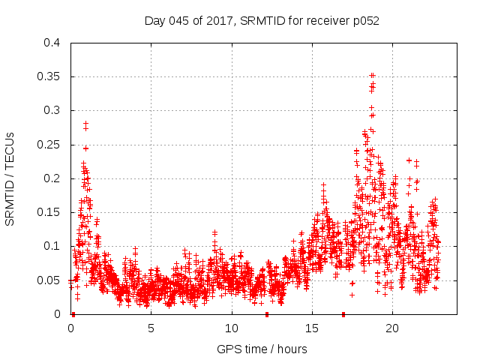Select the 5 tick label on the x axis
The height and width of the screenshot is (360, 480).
coord(151,328)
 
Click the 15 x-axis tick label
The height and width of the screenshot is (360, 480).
coord(311,328)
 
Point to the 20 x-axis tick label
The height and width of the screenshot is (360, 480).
coord(391,328)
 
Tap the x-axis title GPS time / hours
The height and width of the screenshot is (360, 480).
coord(263,349)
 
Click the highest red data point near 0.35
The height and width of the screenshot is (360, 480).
coord(372,76)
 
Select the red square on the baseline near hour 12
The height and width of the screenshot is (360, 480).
coord(266,314)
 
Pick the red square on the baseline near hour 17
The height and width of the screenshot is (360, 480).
coord(343,314)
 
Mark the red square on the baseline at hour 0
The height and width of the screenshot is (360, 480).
coord(73,314)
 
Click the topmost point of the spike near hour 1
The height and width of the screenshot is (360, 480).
coord(86,123)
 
